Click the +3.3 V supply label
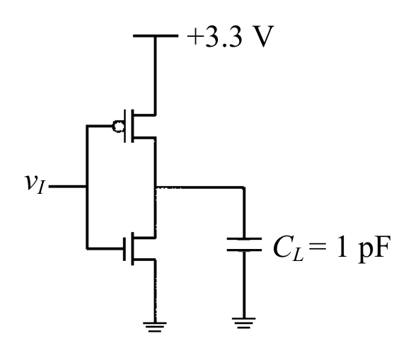[x=231, y=36]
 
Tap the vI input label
[x=35, y=184]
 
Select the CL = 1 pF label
[x=332, y=248]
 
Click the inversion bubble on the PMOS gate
[x=118, y=126]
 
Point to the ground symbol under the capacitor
[x=243, y=323]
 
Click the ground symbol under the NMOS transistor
[x=155, y=327]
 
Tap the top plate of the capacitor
[x=244, y=238]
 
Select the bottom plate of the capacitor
[x=244, y=250]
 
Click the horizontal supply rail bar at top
[x=156, y=36]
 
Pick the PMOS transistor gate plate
[x=124, y=126]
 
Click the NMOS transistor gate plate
[x=124, y=249]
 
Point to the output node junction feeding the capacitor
[x=156, y=187]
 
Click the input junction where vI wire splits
[x=86, y=187]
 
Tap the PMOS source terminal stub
[x=144, y=115]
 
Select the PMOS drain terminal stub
[x=144, y=138]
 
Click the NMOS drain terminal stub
[x=144, y=237]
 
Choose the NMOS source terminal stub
[x=144, y=259]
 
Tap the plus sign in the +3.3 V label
[x=194, y=37]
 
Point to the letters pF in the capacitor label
[x=375, y=249]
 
